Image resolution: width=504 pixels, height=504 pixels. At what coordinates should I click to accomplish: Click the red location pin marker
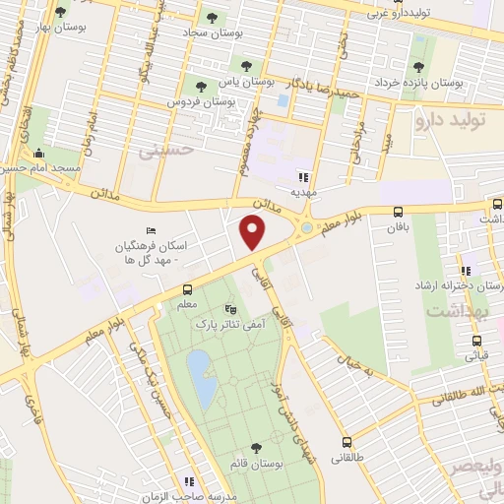click(x=254, y=232)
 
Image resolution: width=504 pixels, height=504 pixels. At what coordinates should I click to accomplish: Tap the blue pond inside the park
click(x=203, y=380)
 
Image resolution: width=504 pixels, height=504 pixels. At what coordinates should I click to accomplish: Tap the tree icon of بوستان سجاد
click(x=211, y=18)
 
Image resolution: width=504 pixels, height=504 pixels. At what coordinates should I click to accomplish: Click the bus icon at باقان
click(x=398, y=213)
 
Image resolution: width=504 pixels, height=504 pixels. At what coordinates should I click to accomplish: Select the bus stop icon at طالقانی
click(x=346, y=442)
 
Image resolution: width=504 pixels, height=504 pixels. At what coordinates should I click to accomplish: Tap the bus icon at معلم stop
click(x=186, y=289)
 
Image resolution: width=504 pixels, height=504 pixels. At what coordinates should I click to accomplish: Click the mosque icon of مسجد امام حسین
click(x=37, y=153)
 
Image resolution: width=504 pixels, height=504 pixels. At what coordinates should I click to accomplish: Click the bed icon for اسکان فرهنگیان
click(x=150, y=229)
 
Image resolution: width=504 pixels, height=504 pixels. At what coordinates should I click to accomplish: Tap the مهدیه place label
click(x=301, y=192)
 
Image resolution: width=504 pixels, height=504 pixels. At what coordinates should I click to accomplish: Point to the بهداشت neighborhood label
click(x=458, y=310)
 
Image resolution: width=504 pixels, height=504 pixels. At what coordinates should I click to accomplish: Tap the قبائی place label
click(x=474, y=355)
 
